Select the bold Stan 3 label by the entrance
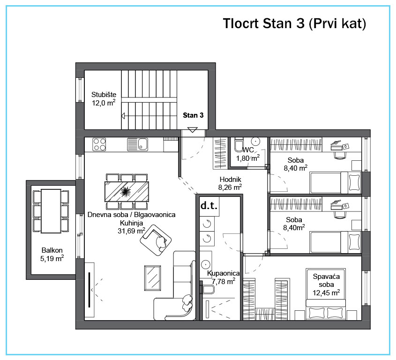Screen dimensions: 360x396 point(193,114)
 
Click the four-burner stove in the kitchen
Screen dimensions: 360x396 point(99,144)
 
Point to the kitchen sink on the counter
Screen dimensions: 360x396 point(138,144)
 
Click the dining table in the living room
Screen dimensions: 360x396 point(126,191)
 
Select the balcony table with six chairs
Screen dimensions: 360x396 point(51,211)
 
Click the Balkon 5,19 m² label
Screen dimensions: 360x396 point(52,254)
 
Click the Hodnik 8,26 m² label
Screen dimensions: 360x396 point(230,183)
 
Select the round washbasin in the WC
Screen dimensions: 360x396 point(255,141)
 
